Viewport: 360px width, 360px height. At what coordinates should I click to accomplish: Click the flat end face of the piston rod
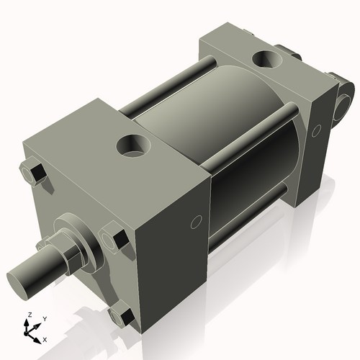19,276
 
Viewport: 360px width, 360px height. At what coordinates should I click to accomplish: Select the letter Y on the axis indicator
44,318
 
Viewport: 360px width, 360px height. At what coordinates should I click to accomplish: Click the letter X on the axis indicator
45,339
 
